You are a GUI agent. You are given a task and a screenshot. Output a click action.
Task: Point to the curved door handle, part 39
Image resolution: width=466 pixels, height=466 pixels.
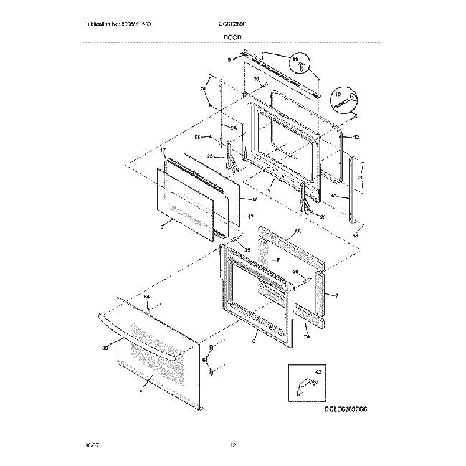pyautogui.click(x=140, y=338)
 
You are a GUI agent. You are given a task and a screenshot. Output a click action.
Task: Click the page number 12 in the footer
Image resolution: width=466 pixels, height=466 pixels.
pyautogui.click(x=233, y=446)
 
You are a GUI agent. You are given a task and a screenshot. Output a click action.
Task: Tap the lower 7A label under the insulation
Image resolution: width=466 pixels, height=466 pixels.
pyautogui.click(x=307, y=336)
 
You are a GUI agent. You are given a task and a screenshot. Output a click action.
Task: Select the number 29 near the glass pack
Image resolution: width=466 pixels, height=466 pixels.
pyautogui.click(x=247, y=249)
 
